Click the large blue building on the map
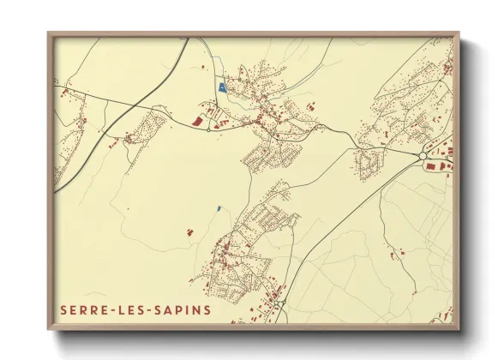[x=223, y=87]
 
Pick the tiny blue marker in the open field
[x=219, y=207]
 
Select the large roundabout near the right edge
[x=419, y=155]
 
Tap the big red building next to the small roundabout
[x=197, y=123]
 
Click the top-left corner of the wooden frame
[x=48, y=33]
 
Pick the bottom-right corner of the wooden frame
[x=460, y=331]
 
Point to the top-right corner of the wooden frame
[x=460, y=33]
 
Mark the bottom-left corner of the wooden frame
[x=48, y=331]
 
